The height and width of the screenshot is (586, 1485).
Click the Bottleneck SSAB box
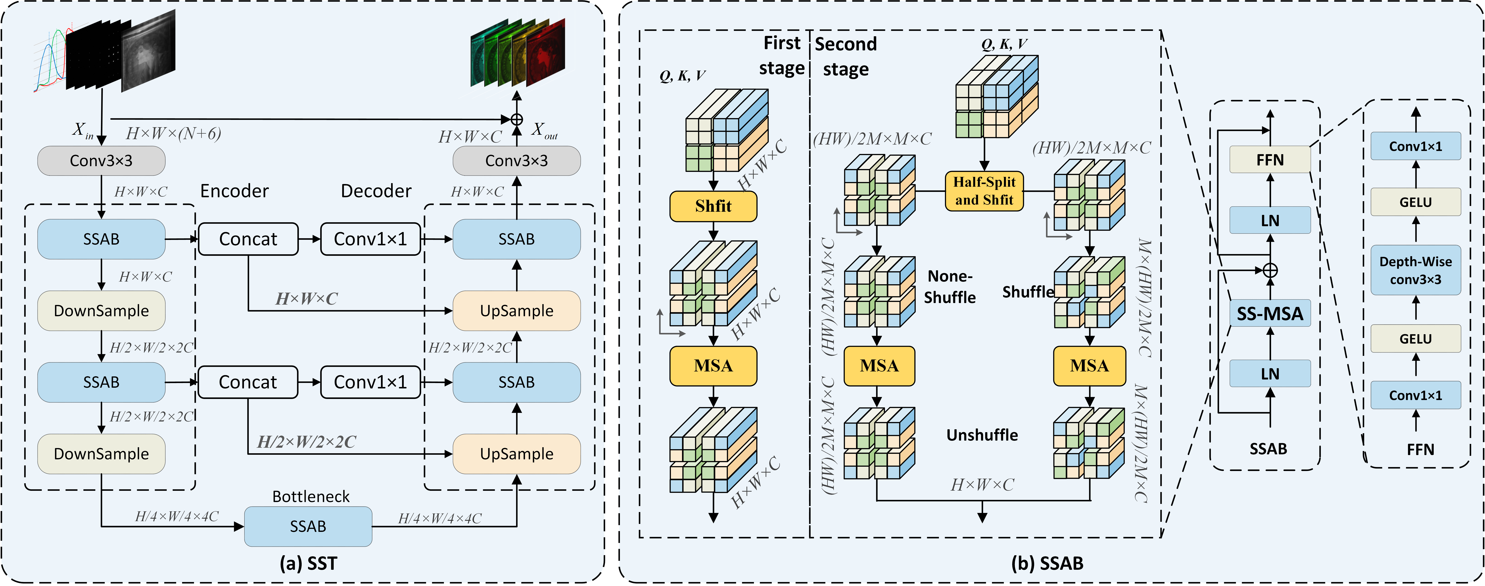click(x=308, y=526)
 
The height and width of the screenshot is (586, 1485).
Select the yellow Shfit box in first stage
click(x=713, y=206)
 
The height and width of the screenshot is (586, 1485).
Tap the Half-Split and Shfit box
click(x=984, y=191)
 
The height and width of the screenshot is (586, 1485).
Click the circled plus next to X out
click(x=517, y=119)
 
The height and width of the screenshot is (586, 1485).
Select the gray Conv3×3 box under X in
click(x=102, y=161)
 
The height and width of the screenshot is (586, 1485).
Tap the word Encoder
click(x=234, y=191)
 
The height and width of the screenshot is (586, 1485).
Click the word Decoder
click(x=376, y=191)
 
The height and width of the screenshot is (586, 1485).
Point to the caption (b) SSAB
click(x=1047, y=563)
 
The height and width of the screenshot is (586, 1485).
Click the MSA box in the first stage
click(x=713, y=366)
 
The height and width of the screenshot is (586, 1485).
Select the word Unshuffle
click(x=982, y=435)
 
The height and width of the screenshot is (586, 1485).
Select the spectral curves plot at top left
click(x=51, y=61)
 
